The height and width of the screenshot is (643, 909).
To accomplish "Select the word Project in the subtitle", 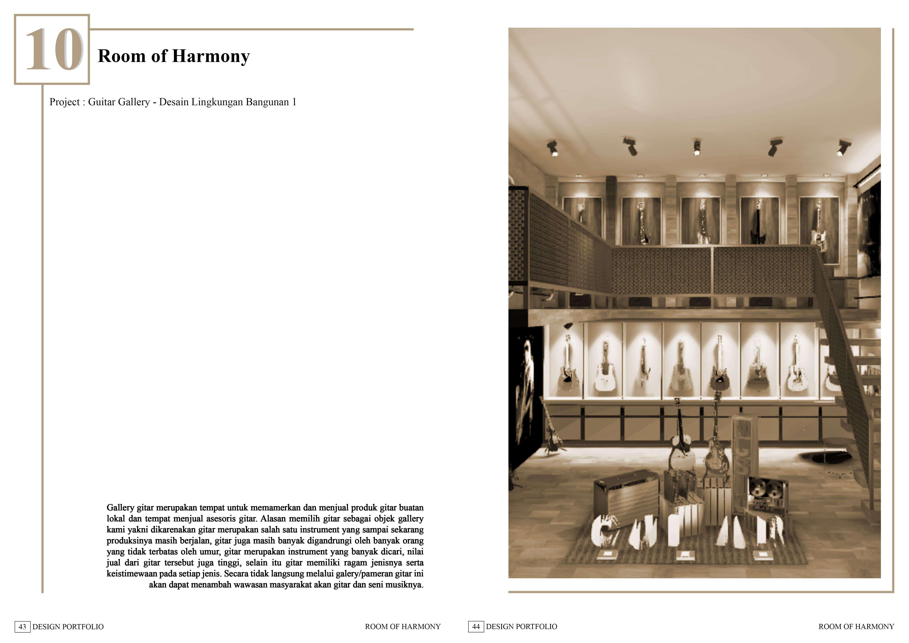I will (65, 102).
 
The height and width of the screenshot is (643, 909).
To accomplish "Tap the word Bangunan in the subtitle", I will (267, 102).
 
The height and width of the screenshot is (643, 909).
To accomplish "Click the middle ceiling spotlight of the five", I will (697, 147).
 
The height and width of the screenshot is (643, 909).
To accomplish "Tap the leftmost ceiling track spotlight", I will (553, 148).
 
